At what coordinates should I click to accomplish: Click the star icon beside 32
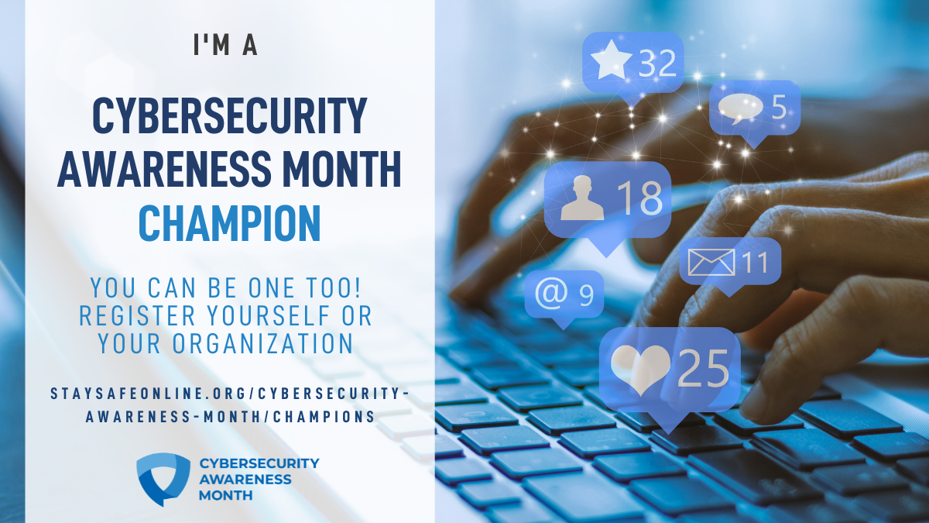click(612, 60)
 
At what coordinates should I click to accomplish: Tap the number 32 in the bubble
click(658, 63)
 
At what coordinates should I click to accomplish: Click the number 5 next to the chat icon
click(780, 107)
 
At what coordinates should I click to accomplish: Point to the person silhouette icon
click(582, 198)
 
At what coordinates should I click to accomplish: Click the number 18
click(640, 198)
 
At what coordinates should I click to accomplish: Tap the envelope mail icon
click(711, 263)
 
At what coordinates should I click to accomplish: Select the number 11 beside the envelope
click(755, 263)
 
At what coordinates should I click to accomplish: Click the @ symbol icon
click(551, 293)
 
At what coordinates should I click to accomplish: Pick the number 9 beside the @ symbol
click(587, 295)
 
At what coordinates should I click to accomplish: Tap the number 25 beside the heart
click(703, 369)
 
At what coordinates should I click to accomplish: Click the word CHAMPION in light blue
click(230, 223)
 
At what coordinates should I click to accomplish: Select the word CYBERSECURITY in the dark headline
click(230, 115)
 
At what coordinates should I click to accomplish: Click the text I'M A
click(225, 45)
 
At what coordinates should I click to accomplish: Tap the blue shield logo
click(163, 479)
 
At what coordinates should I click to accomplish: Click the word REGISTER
click(137, 316)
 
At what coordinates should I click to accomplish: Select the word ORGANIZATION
click(263, 344)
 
